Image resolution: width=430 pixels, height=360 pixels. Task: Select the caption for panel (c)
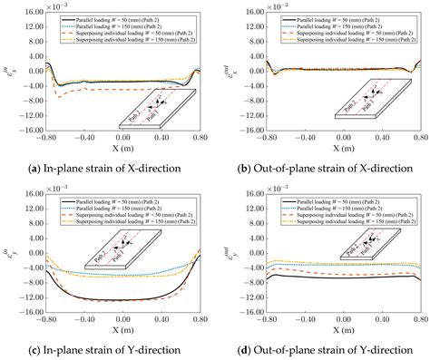point(106,351)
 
